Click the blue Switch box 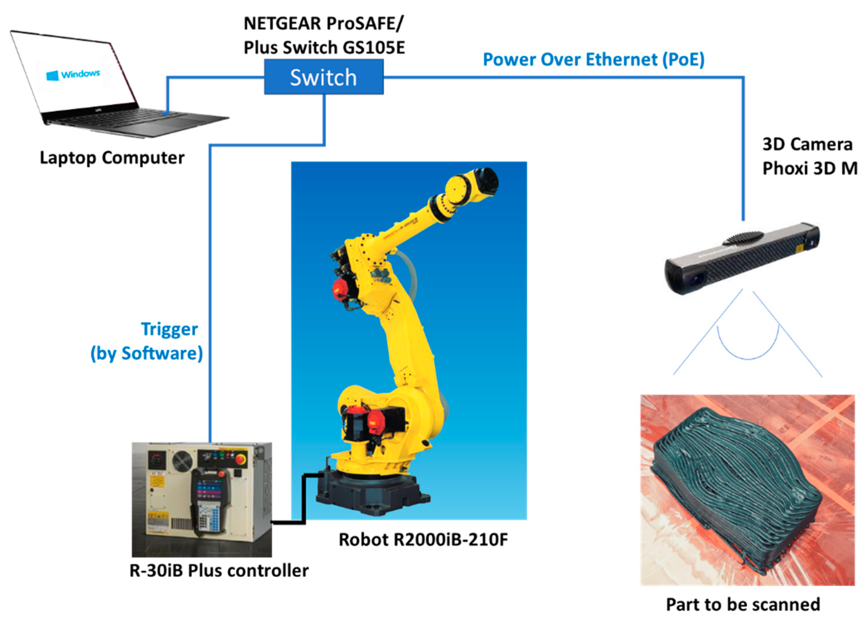pyautogui.click(x=323, y=77)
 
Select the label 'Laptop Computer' pyautogui.click(x=112, y=158)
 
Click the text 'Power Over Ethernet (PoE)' pyautogui.click(x=593, y=60)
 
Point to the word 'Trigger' pyautogui.click(x=169, y=329)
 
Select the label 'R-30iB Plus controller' pyautogui.click(x=219, y=571)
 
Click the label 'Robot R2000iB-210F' pyautogui.click(x=423, y=540)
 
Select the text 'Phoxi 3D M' pyautogui.click(x=810, y=168)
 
